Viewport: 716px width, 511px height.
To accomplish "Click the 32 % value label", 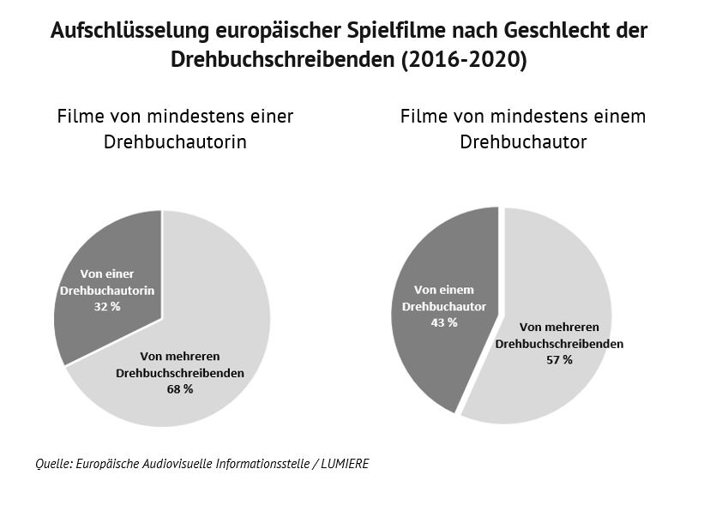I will click(x=107, y=306).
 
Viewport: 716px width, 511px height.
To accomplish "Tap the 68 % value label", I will click(x=180, y=388).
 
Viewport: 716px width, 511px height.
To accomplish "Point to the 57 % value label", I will click(x=559, y=359).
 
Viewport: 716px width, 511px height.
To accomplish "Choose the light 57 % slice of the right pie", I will click(x=557, y=274).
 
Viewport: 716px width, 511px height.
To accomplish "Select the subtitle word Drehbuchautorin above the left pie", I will click(x=175, y=142).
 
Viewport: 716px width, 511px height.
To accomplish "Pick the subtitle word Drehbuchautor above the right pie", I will click(x=523, y=142).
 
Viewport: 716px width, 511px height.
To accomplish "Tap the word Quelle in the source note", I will click(x=53, y=463).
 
